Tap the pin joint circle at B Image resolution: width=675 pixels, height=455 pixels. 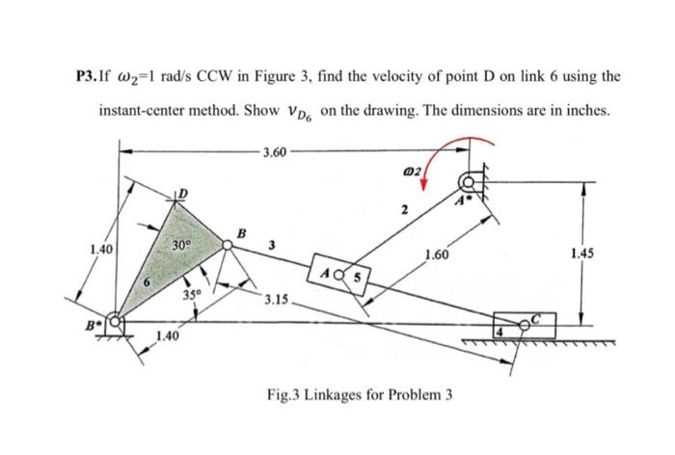click(x=228, y=247)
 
